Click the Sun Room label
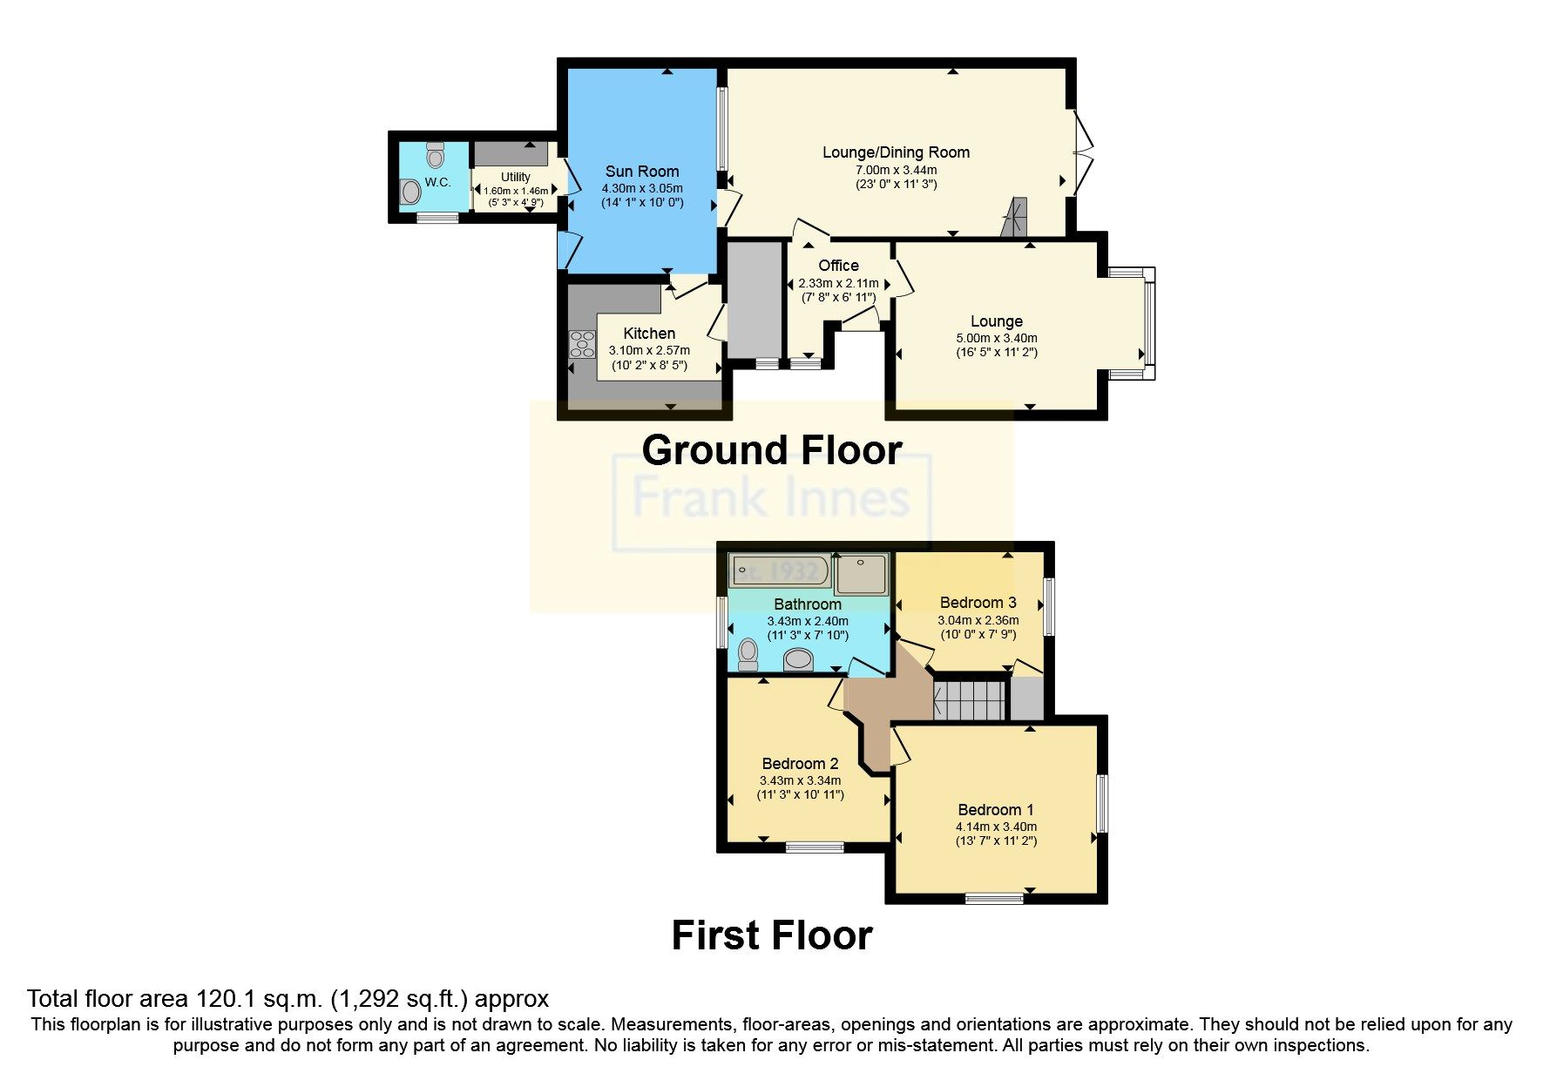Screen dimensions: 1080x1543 642,172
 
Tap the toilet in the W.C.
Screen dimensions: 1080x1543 436,156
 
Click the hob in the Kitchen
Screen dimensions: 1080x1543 581,345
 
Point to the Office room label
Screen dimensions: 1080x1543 838,266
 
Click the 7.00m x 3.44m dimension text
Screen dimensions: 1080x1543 896,170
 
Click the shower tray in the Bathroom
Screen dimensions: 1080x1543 861,573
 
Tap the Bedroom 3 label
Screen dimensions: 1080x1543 978,603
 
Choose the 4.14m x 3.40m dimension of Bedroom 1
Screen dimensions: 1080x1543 996,827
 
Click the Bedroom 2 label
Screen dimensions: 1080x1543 799,764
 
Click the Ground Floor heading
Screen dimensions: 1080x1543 771,450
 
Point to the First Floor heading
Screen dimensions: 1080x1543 771,935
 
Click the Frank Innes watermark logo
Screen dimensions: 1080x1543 771,499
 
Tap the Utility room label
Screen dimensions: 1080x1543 515,177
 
